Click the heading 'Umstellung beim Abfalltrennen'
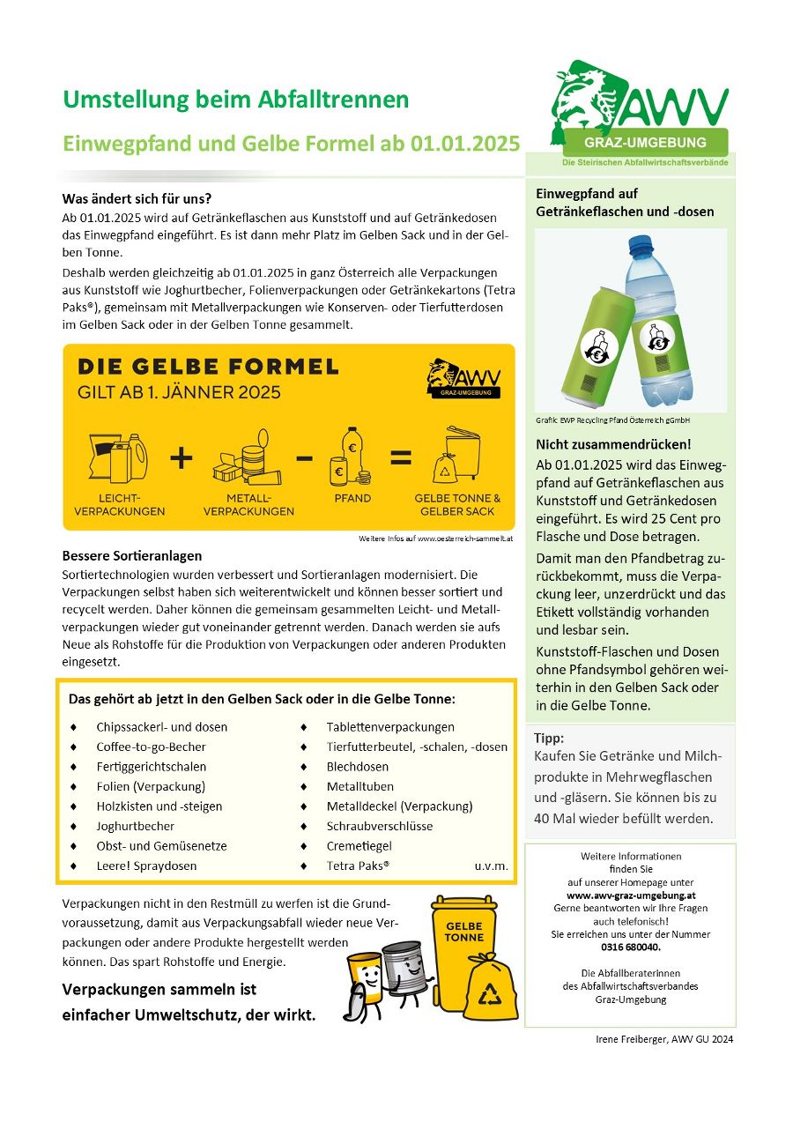click(x=235, y=100)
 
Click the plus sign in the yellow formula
click(x=180, y=457)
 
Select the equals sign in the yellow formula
click(x=401, y=457)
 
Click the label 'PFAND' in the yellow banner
click(x=352, y=498)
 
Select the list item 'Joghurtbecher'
click(x=135, y=826)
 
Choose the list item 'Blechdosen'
click(x=357, y=767)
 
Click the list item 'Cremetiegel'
click(x=359, y=846)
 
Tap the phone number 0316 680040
click(x=630, y=947)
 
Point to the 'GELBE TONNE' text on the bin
click(x=463, y=932)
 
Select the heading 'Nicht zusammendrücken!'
click(x=613, y=444)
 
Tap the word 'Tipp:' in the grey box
click(x=549, y=739)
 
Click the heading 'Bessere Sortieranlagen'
click(x=132, y=556)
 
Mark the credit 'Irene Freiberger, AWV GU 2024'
click(x=664, y=1039)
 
